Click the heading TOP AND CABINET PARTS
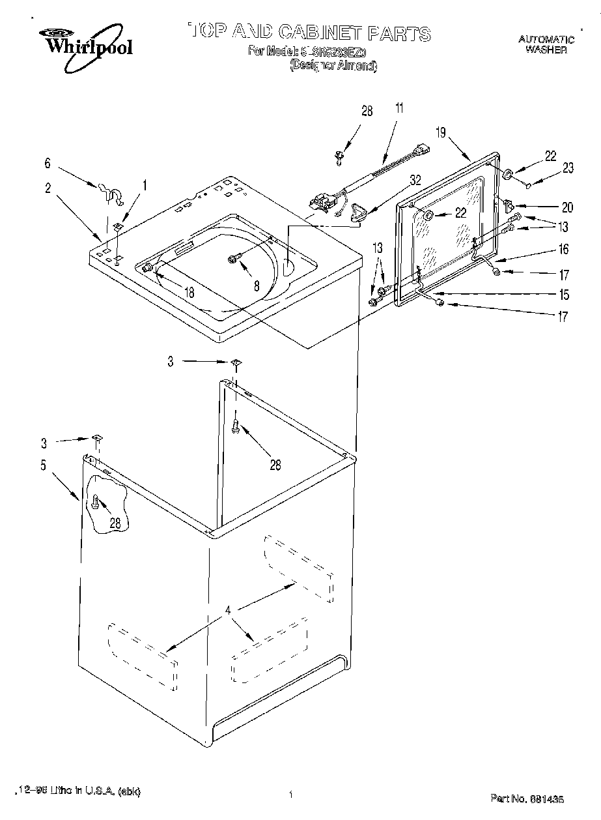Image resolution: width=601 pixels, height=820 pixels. pos(309,33)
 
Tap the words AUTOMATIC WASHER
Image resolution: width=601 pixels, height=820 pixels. pos(546,44)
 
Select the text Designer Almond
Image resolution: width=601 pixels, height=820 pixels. pos(333,65)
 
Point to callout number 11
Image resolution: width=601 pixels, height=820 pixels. pos(399,108)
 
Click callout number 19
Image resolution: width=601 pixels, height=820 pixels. pos(441,134)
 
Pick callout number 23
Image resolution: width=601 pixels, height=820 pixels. pos(568,168)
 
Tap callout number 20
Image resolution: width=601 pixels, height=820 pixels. pos(567,207)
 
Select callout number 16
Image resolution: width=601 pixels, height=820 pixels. pos(563,249)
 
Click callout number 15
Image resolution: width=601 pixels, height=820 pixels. pos(563,294)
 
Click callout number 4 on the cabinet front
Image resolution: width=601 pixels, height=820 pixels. pos(229,611)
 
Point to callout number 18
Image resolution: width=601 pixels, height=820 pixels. pos(189,293)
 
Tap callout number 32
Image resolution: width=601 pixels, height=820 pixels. pos(415,179)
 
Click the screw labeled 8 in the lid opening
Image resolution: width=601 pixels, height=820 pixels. pos(233,259)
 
